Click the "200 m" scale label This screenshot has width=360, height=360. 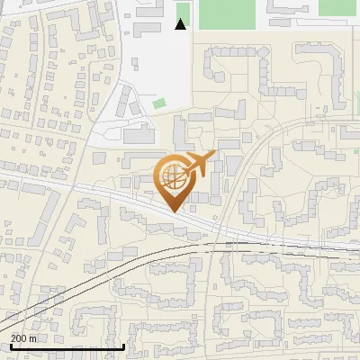pos(23,337)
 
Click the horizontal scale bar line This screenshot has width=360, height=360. pos(67,346)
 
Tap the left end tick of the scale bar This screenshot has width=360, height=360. pos(11,345)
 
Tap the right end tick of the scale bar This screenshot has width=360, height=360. pos(123,345)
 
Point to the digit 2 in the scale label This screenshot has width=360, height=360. pos(13,337)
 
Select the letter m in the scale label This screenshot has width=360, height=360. pos(33,338)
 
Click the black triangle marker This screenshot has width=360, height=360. pos(181,24)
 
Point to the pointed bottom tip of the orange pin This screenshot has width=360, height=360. pos(173,211)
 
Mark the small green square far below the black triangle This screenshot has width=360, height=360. pos(159,103)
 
